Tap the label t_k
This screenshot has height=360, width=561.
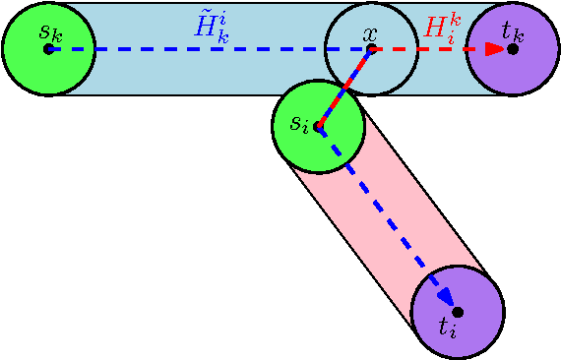point(512,30)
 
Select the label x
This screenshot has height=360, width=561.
point(370,34)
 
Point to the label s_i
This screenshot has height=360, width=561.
point(300,124)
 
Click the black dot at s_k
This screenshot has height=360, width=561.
point(48,48)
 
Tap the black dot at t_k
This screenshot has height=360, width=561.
point(513,48)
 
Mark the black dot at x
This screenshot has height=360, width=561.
point(371,48)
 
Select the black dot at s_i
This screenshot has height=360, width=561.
point(318,126)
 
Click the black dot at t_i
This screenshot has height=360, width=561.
point(458,311)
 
